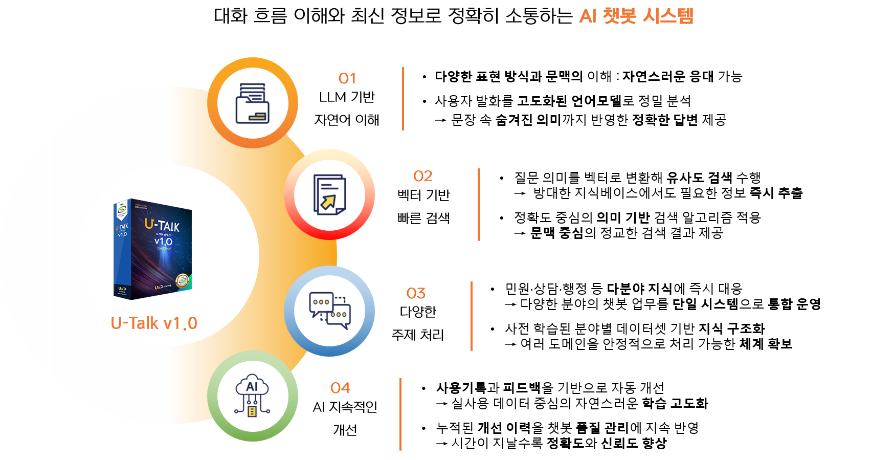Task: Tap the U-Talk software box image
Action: [152, 249]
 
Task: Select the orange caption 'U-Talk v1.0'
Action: [154, 323]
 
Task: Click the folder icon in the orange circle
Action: [252, 103]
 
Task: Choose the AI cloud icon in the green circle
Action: [252, 396]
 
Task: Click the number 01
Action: [347, 79]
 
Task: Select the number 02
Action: [422, 177]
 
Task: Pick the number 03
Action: [416, 293]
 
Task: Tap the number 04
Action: [340, 388]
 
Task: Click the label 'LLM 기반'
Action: [347, 97]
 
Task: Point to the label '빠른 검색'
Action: [423, 218]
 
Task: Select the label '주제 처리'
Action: [418, 335]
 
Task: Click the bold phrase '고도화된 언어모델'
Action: [570, 101]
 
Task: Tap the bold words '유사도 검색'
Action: [699, 178]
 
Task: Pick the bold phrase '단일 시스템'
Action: [705, 304]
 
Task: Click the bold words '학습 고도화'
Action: [675, 404]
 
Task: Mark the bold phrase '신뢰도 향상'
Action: [634, 443]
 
